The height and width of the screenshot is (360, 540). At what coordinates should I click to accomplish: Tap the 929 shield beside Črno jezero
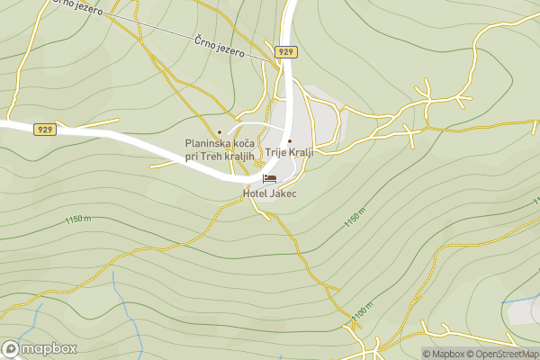pos(286,51)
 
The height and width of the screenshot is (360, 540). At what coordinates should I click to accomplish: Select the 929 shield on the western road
pos(46,130)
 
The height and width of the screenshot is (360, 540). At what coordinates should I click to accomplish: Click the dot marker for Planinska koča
pos(219,132)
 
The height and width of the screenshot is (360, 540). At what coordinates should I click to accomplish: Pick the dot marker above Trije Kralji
pos(289,140)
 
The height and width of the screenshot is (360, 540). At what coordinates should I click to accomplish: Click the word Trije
pos(275,152)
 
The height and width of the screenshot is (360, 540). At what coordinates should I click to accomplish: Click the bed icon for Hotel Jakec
pos(268,179)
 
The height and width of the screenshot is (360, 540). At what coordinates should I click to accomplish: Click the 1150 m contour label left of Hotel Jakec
pos(79,220)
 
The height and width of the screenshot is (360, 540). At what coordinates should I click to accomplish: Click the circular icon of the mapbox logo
pos(12,348)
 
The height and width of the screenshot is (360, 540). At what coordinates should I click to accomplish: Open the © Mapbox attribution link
pos(446,354)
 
